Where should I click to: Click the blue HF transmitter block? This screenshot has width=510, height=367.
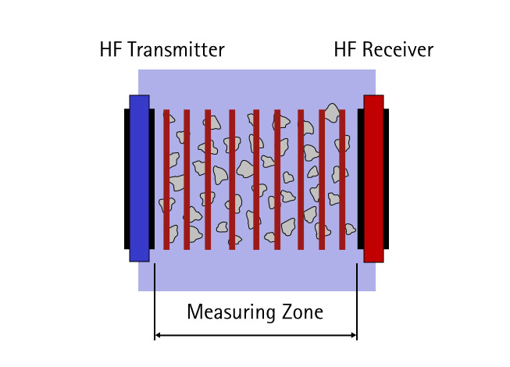point(139,178)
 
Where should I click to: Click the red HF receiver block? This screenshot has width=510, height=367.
point(373,178)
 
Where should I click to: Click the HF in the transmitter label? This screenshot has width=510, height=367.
point(111,51)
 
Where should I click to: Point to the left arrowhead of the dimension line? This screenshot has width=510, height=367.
point(159,336)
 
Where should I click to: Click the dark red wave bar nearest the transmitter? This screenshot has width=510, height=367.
point(166,180)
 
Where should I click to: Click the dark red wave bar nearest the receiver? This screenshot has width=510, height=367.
point(342,180)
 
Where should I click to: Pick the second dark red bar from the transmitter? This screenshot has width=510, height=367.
point(187,180)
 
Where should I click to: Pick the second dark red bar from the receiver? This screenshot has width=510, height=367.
point(322,180)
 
